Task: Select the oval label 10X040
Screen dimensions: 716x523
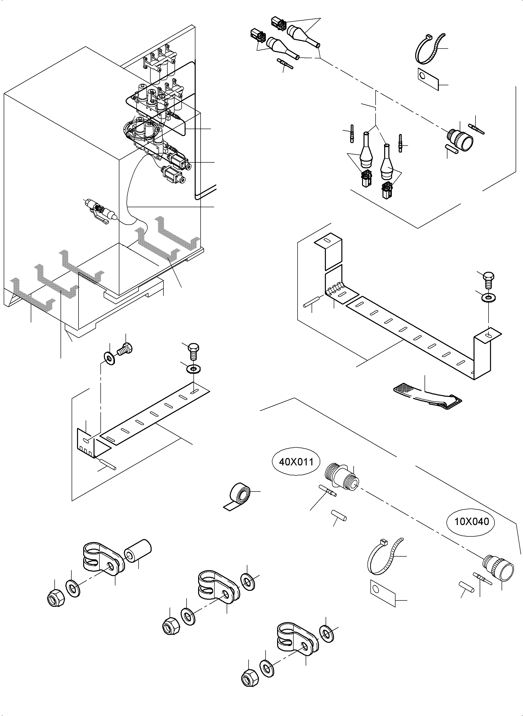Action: pyautogui.click(x=471, y=521)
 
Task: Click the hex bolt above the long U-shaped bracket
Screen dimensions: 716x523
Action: pyautogui.click(x=489, y=280)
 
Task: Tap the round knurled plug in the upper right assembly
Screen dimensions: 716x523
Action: pyautogui.click(x=461, y=139)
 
